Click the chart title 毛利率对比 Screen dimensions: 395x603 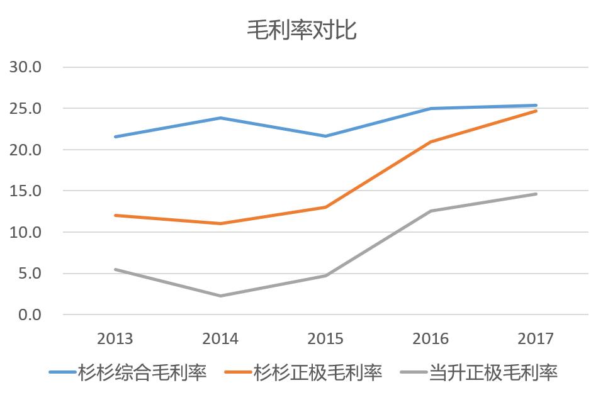click(x=301, y=30)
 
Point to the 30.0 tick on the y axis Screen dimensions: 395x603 click(x=25, y=67)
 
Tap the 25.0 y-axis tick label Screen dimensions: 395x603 click(x=25, y=108)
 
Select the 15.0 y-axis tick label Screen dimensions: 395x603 click(x=25, y=191)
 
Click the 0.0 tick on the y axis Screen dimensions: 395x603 click(x=29, y=314)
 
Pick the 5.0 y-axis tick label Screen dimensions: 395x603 click(x=29, y=274)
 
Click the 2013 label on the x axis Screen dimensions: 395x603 click(x=115, y=339)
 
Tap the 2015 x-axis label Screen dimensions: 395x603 click(x=325, y=339)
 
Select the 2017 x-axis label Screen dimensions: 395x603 click(x=536, y=339)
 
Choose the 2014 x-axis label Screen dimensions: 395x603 click(x=220, y=339)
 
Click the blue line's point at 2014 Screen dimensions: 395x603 click(x=220, y=118)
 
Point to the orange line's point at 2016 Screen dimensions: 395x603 click(x=431, y=142)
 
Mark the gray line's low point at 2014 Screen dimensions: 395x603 click(x=220, y=296)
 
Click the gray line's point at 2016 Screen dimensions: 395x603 click(x=431, y=211)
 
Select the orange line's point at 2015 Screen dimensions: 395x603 click(x=325, y=207)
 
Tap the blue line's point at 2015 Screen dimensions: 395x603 click(x=325, y=136)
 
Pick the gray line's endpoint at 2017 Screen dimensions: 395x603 click(x=536, y=194)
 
